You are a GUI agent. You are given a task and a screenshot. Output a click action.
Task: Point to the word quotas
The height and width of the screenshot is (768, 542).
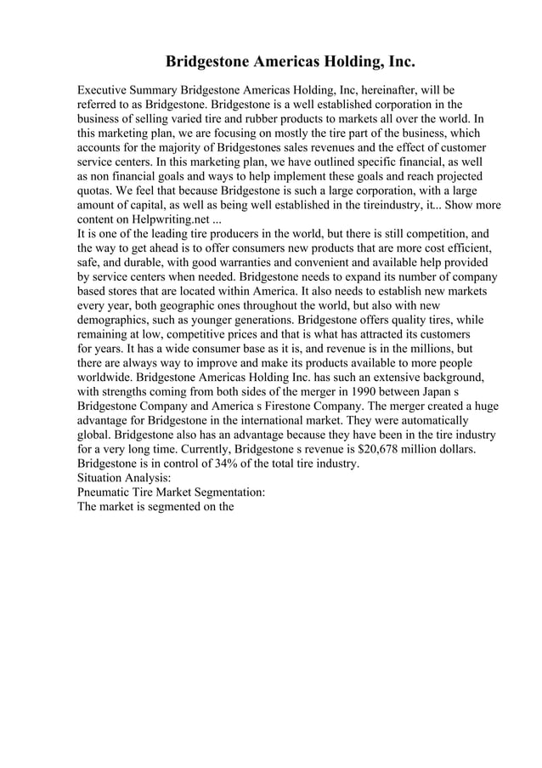95,191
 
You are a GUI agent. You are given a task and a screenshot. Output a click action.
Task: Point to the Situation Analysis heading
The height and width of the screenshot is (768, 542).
121,479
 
